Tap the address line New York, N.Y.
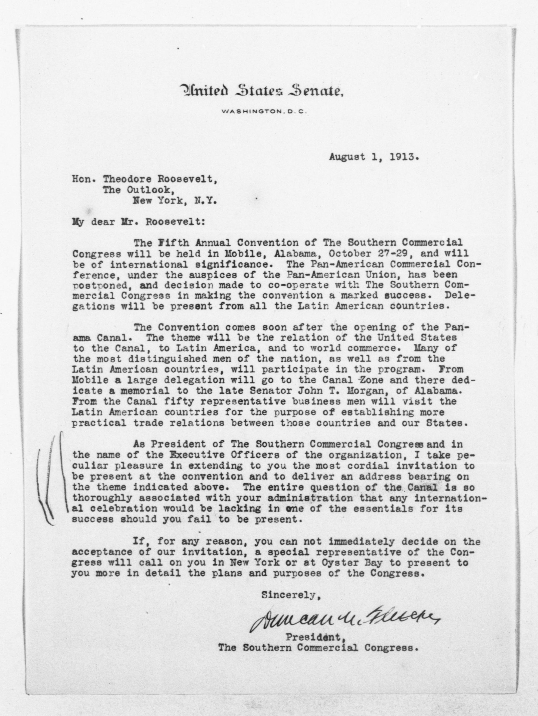174,201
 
